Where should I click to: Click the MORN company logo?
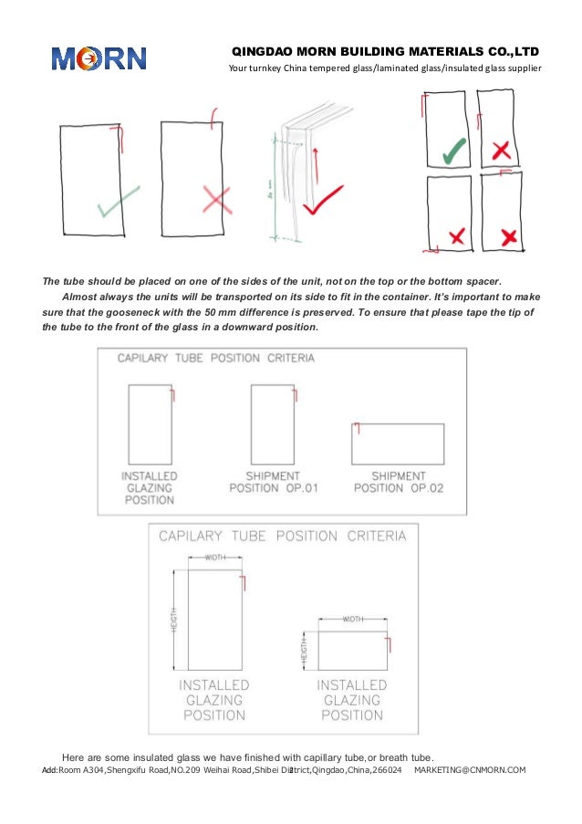tap(98, 58)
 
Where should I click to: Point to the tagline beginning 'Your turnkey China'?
tap(384, 69)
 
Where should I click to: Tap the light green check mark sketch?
tap(119, 202)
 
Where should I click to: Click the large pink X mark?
tap(216, 198)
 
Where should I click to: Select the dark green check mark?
tap(453, 151)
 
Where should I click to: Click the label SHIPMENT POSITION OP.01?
tap(273, 482)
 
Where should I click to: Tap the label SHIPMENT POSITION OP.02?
tap(398, 482)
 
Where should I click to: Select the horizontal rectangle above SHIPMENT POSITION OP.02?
tap(398, 443)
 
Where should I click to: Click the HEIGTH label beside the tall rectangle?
tap(173, 621)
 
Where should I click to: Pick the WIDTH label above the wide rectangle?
tap(352, 619)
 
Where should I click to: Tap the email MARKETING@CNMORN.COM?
tap(470, 771)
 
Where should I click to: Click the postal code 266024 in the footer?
tap(386, 771)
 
